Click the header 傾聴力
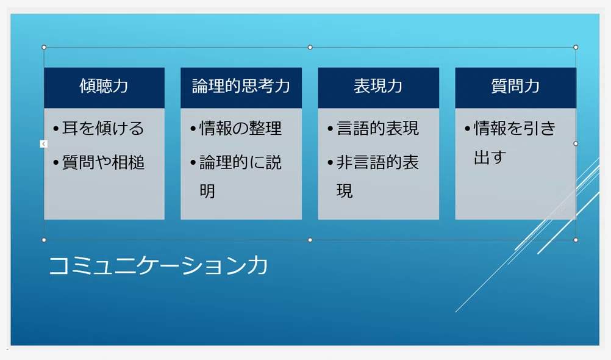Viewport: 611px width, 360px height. coord(104,86)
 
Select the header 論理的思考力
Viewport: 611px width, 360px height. coord(241,86)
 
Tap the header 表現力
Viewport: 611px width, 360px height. coord(378,86)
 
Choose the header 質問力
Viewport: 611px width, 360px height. coord(515,86)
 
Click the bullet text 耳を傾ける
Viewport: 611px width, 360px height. coord(103,128)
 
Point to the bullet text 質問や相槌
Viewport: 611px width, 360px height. coord(103,162)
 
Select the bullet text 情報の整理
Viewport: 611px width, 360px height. coord(240,128)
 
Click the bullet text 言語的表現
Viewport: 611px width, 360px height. coord(377,128)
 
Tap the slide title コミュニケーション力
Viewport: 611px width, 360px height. coord(158,265)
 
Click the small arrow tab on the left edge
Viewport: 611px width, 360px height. coord(44,144)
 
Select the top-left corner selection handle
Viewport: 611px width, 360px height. coord(44,47)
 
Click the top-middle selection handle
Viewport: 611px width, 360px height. coord(310,47)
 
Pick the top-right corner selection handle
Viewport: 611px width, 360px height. coord(576,47)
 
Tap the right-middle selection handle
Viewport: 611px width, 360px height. coord(576,143)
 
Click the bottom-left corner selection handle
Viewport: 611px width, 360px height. coord(44,240)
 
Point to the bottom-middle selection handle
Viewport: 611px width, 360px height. coord(310,240)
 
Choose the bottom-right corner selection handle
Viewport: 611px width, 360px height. coord(576,240)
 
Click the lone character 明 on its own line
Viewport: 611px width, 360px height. coord(207,191)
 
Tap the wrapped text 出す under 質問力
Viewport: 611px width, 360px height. coord(490,157)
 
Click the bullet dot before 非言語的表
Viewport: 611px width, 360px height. coord(330,163)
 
